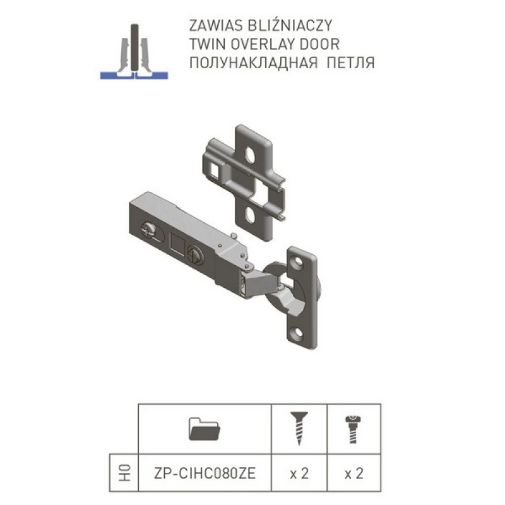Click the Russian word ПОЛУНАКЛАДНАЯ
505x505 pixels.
(x=254, y=62)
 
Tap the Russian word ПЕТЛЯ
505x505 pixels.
(x=350, y=62)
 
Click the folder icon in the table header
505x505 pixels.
(x=204, y=429)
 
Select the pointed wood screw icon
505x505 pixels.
(x=299, y=429)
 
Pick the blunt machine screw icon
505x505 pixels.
(x=353, y=429)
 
